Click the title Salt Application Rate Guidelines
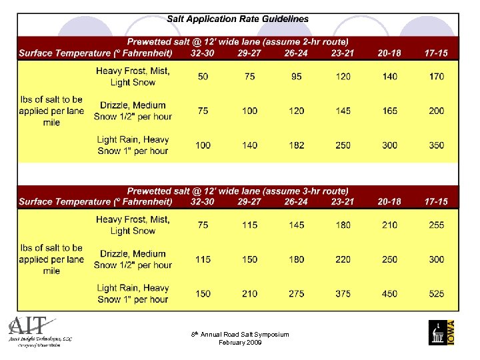click(x=238, y=19)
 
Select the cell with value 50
click(x=203, y=77)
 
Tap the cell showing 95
click(x=297, y=77)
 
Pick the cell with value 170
click(x=437, y=77)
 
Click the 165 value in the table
click(x=390, y=111)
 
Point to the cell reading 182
click(x=297, y=145)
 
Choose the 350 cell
click(x=437, y=145)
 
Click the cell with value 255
click(x=437, y=225)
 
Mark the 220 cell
click(x=343, y=259)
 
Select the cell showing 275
click(x=297, y=294)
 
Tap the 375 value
click(x=343, y=294)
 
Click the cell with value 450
click(x=390, y=294)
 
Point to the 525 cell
click(x=437, y=294)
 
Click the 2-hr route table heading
click(x=238, y=42)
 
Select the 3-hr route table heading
click(x=238, y=191)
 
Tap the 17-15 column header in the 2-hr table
click(x=437, y=53)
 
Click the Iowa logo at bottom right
click(x=443, y=331)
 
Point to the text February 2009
click(x=240, y=343)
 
